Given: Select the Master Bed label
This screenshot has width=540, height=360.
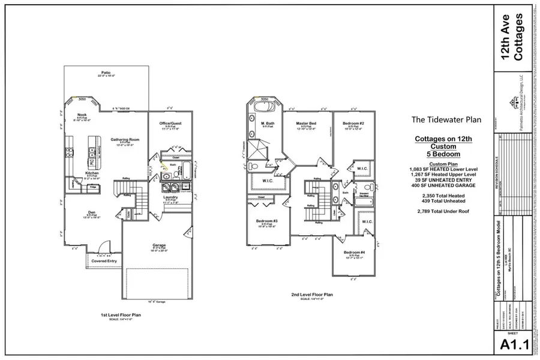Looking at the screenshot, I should pyautogui.click(x=306, y=124).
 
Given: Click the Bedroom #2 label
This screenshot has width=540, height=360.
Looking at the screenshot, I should pyautogui.click(x=353, y=124).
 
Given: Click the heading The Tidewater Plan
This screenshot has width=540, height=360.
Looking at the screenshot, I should pyautogui.click(x=446, y=119).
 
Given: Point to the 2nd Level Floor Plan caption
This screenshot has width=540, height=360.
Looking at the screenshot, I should pyautogui.click(x=312, y=295).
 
